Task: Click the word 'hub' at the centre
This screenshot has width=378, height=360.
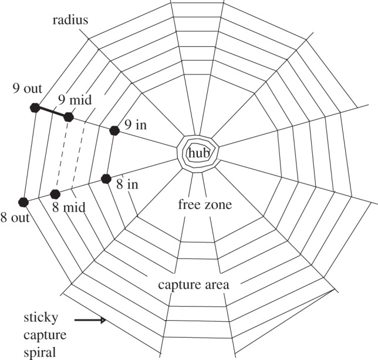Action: pyautogui.click(x=198, y=153)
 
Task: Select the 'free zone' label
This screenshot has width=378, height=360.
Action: pyautogui.click(x=205, y=206)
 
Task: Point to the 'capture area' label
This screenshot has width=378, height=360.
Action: pyautogui.click(x=193, y=285)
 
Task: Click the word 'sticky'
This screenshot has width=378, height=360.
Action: pyautogui.click(x=41, y=318)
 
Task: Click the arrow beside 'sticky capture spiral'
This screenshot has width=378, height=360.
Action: pyautogui.click(x=90, y=320)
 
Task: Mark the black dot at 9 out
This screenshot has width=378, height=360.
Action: pyautogui.click(x=35, y=107)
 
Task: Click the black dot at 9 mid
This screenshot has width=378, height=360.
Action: pyautogui.click(x=69, y=117)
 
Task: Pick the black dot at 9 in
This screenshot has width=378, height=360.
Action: pyautogui.click(x=114, y=130)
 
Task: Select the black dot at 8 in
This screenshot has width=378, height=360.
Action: pyautogui.click(x=106, y=179)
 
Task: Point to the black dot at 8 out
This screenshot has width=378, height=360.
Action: pyautogui.click(x=23, y=202)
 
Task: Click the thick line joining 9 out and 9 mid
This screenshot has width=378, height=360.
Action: pyautogui.click(x=52, y=112)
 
